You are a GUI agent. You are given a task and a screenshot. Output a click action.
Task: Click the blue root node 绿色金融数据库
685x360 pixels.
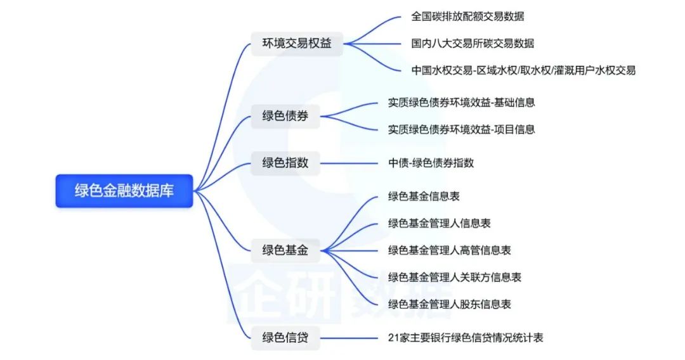124,191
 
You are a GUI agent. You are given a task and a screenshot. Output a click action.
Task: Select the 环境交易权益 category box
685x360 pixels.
297,44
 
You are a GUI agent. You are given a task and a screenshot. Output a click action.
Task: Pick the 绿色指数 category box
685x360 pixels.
285,163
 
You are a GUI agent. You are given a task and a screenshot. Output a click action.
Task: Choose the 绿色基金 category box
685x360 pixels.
285,250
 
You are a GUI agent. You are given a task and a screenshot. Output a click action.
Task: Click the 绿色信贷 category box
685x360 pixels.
285,337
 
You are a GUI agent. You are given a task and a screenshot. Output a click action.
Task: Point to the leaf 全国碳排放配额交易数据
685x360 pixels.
467,16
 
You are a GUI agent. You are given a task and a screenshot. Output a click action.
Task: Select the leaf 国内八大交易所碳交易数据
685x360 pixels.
473,44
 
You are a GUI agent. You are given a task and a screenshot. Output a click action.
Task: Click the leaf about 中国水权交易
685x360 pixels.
523,70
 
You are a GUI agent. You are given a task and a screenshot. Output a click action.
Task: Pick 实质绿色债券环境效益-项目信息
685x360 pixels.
462,129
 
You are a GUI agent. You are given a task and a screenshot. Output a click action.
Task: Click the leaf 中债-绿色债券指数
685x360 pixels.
431,163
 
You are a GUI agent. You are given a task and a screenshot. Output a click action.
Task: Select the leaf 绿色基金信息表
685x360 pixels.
424,196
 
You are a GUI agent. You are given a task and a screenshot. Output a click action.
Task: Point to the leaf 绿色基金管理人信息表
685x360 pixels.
440,223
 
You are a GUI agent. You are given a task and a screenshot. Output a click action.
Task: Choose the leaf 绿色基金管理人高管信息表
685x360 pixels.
450,250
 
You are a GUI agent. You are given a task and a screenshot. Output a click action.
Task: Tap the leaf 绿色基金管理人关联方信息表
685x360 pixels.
455,277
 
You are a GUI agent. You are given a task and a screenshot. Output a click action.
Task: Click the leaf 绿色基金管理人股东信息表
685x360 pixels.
450,304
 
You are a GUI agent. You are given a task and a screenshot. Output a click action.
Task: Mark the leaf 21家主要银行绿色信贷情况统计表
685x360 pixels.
466,337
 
